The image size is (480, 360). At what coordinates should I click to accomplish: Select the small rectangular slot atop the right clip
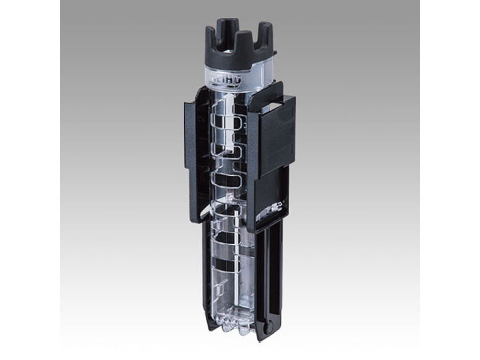[x=272, y=97]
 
